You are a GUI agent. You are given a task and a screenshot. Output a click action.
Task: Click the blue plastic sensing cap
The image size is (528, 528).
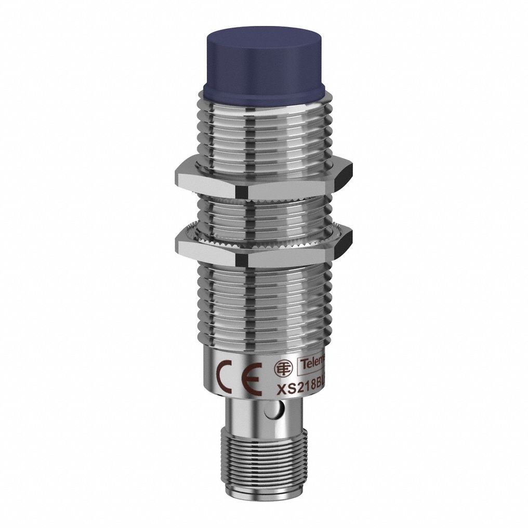[x=264, y=62]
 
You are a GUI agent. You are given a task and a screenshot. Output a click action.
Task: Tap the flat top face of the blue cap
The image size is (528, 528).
[x=264, y=37]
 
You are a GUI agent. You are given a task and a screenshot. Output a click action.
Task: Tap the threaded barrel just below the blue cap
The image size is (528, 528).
[x=264, y=125]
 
